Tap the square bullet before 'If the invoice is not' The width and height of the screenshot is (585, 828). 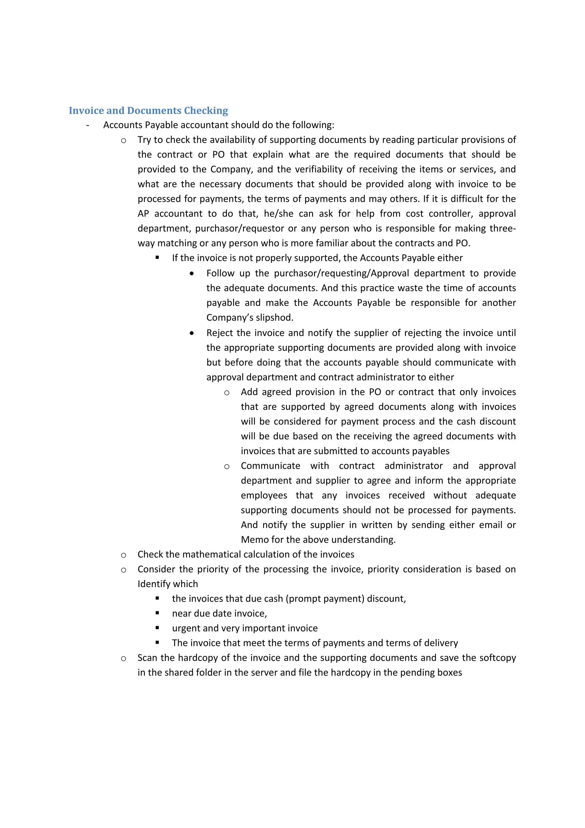pos(157,258)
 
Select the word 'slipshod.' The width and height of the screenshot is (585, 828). pos(275,318)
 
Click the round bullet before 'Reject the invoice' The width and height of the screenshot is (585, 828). pos(192,333)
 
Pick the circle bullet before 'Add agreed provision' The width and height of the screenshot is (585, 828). pos(227,393)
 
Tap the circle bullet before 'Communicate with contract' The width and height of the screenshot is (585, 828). pos(227,467)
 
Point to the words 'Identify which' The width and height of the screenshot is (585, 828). pos(168,584)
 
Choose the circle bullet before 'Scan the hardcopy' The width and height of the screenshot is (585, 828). pos(124,659)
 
